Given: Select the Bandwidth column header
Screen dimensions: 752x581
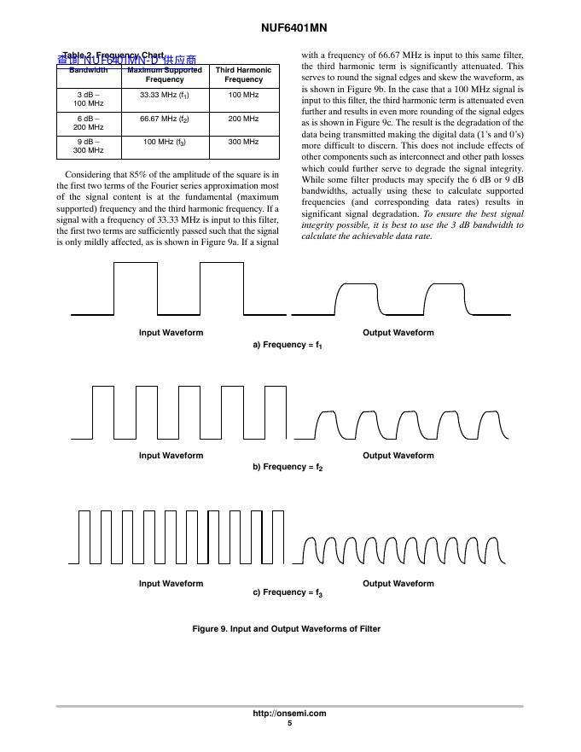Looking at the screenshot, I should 89,70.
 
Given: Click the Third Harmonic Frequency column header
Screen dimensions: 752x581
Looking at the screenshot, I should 244,74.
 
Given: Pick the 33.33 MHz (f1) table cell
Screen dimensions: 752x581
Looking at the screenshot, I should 164,95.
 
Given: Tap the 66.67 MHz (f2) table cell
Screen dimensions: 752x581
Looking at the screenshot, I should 164,119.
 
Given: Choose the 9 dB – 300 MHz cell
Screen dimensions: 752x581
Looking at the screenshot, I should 90,146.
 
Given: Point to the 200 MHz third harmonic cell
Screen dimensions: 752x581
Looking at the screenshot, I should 244,119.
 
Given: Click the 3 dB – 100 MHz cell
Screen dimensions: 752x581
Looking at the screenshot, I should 90,98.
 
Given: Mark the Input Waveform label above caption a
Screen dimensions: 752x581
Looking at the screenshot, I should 171,333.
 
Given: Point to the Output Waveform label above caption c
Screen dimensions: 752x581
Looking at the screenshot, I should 398,584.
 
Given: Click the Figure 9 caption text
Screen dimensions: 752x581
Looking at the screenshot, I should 287,629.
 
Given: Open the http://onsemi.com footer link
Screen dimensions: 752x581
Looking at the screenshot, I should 290,714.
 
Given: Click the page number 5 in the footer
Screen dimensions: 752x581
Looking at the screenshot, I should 290,724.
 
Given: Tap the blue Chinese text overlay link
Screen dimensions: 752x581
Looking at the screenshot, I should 127,60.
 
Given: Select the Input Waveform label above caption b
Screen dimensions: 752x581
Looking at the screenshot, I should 171,456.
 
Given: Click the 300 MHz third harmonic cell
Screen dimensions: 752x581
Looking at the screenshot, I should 244,142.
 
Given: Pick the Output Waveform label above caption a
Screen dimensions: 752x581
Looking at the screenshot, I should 398,333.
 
